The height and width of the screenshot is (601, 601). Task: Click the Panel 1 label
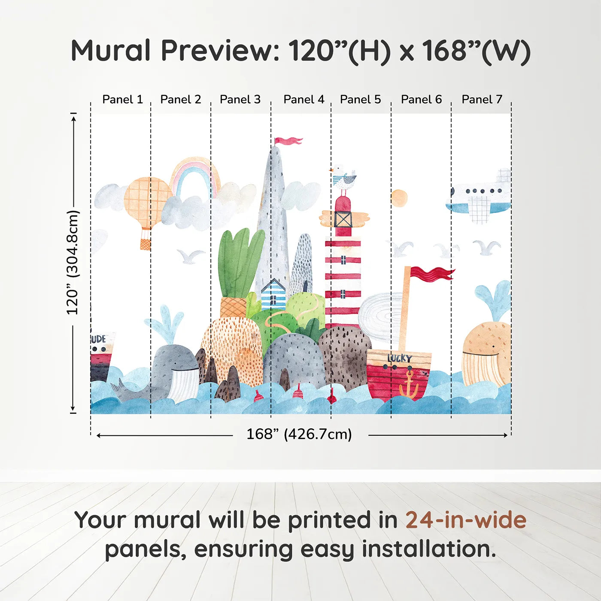click(x=123, y=100)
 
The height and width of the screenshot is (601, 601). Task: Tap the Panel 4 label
click(x=304, y=100)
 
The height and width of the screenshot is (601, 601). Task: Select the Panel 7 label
click(x=482, y=100)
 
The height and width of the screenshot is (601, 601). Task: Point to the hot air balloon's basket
click(x=146, y=244)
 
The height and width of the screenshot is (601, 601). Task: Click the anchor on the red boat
click(x=409, y=385)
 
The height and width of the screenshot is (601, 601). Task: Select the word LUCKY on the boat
click(x=400, y=358)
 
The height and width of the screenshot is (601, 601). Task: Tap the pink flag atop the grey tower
click(x=288, y=141)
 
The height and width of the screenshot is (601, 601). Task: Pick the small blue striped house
click(x=273, y=294)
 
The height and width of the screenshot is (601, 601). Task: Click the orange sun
click(x=400, y=198)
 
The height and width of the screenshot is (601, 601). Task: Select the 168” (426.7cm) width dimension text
click(x=299, y=434)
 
